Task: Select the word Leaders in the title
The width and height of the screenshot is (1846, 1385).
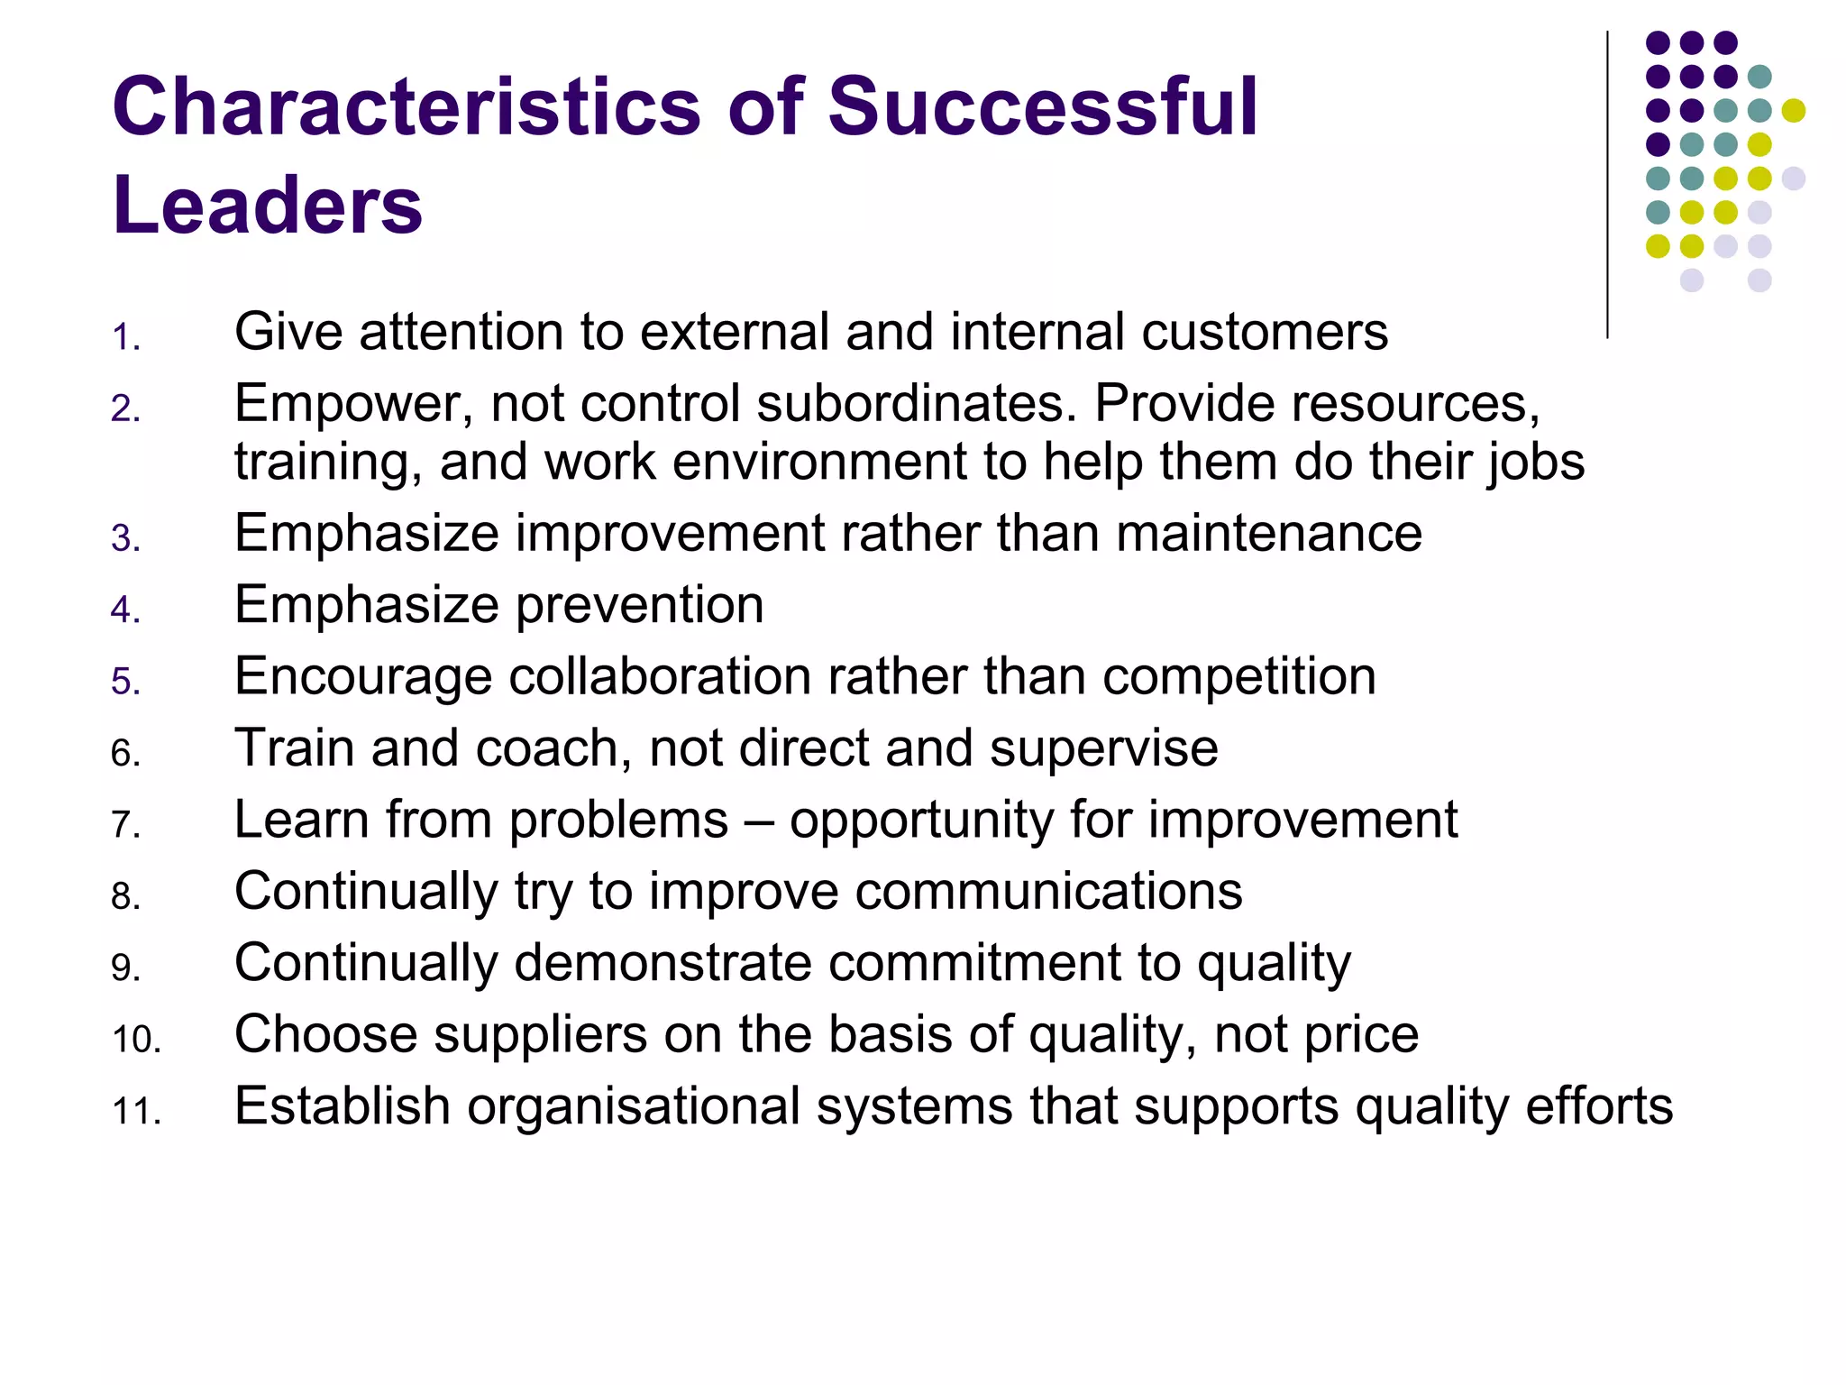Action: pos(267,205)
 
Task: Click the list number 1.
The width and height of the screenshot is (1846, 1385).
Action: pos(126,338)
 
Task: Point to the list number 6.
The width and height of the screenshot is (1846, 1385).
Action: pos(126,754)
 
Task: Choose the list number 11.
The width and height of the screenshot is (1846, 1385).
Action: pos(136,1112)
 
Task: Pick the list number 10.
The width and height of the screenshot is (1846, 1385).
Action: pos(136,1040)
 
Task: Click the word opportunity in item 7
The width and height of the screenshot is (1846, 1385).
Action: pos(921,821)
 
